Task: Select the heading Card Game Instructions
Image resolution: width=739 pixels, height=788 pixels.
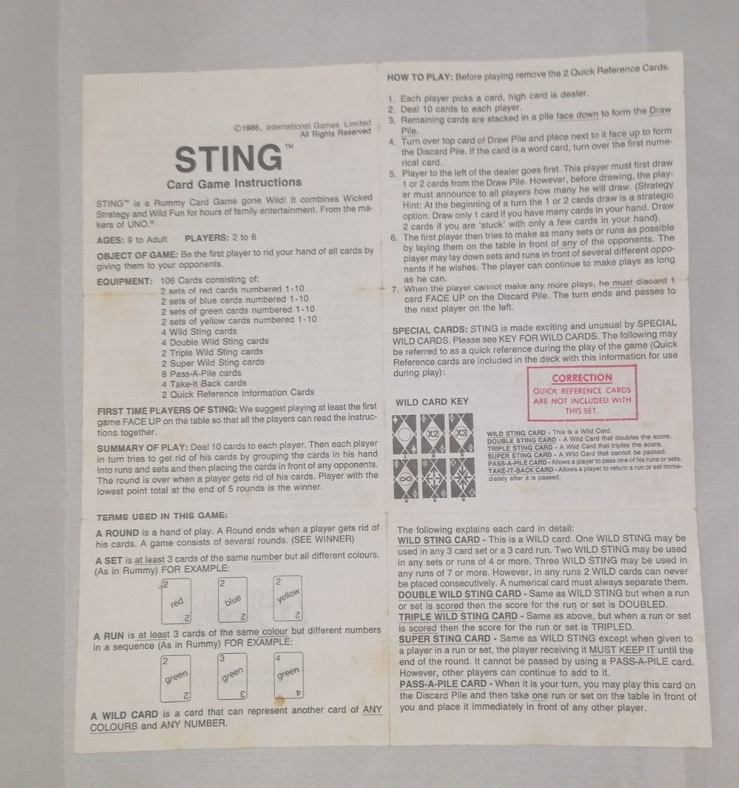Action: (234, 183)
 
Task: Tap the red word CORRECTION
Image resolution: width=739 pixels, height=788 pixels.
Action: (581, 378)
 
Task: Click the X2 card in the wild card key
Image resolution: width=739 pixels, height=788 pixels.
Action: (433, 433)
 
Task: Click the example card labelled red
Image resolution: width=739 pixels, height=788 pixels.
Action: (177, 601)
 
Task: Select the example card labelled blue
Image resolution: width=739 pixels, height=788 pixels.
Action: (232, 601)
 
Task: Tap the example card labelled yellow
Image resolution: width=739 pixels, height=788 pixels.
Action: (287, 598)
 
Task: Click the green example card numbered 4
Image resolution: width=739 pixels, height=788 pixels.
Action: (288, 675)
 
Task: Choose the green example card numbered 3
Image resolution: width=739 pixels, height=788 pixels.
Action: (232, 676)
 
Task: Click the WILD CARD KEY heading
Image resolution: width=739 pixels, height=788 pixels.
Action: (432, 402)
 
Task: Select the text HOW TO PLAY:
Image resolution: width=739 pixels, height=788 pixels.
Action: (419, 77)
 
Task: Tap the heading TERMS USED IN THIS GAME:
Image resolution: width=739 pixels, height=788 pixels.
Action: (162, 516)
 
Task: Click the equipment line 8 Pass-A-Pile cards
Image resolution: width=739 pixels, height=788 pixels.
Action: (201, 372)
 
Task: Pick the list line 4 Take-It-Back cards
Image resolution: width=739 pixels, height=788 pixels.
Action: (203, 383)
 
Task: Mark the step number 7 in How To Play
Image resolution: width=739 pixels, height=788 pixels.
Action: (395, 289)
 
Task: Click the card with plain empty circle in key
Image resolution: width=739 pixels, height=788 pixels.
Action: (405, 433)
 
